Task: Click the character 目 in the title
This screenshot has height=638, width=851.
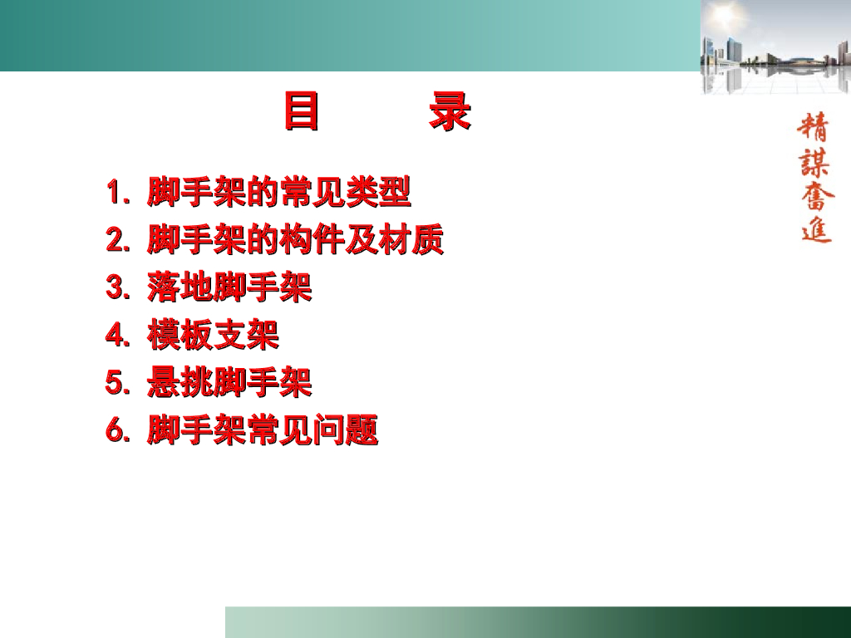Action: click(301, 112)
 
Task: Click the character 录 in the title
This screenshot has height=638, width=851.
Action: click(450, 112)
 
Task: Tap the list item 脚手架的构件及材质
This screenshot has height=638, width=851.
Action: click(295, 239)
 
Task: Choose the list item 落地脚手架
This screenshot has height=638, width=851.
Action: click(229, 287)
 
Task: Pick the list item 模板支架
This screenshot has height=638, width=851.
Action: click(213, 335)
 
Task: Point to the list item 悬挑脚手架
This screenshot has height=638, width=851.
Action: click(229, 382)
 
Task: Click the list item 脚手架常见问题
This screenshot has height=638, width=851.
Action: click(262, 430)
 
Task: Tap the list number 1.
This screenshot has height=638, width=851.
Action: click(116, 192)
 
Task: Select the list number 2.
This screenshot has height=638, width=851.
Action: click(117, 240)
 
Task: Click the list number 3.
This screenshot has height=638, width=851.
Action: click(117, 287)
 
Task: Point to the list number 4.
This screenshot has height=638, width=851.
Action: click(117, 336)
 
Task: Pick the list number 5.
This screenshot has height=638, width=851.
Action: click(117, 383)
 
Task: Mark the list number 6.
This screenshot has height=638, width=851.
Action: click(117, 431)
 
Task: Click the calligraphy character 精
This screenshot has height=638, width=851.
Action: click(814, 127)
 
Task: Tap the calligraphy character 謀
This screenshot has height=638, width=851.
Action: click(814, 161)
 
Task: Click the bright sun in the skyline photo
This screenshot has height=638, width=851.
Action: click(726, 12)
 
